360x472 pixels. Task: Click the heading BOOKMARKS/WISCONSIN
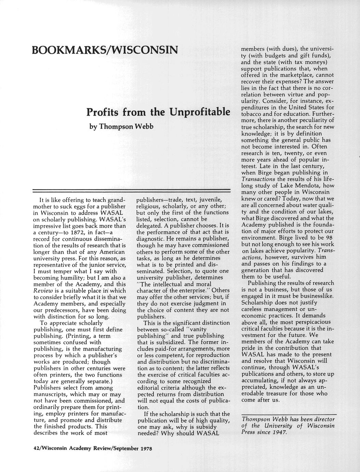[x=105, y=50]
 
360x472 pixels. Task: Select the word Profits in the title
[x=103, y=112]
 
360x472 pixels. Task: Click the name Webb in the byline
[x=144, y=127]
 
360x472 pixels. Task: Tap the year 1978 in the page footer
[x=145, y=448]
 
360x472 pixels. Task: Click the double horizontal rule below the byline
[x=131, y=190]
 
